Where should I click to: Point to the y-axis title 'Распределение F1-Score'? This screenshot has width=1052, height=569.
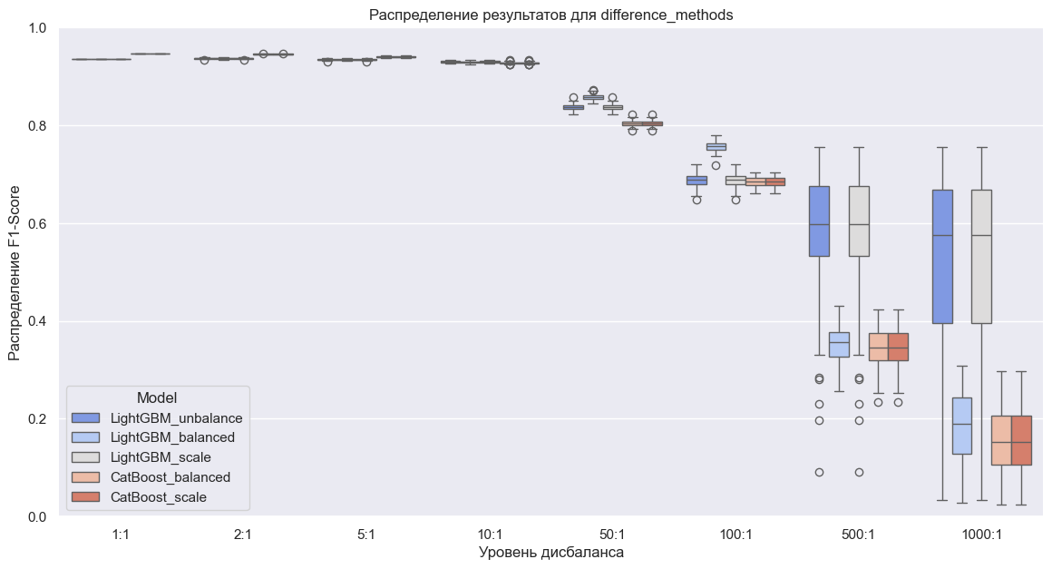[x=15, y=272]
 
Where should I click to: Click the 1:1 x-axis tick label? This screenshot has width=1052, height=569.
[x=121, y=535]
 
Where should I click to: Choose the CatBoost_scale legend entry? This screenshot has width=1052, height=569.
[x=159, y=497]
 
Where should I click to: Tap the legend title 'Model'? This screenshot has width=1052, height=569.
[x=156, y=397]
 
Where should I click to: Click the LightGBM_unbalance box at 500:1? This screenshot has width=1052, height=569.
[x=819, y=221]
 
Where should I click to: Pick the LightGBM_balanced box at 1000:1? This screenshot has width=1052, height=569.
[x=962, y=426]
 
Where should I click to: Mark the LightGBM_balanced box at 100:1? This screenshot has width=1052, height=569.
[x=716, y=146]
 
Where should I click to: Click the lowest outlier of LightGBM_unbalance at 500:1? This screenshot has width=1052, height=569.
[x=819, y=472]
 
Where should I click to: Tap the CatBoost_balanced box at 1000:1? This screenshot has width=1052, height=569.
[x=1001, y=441]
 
